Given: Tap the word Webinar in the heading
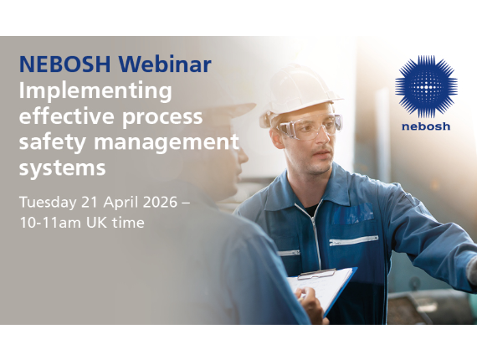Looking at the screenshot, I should [165, 64].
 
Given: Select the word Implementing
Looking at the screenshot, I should [95, 90].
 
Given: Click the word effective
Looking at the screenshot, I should [61, 116].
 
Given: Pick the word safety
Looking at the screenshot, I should [49, 142].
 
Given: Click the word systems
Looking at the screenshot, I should [62, 167].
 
